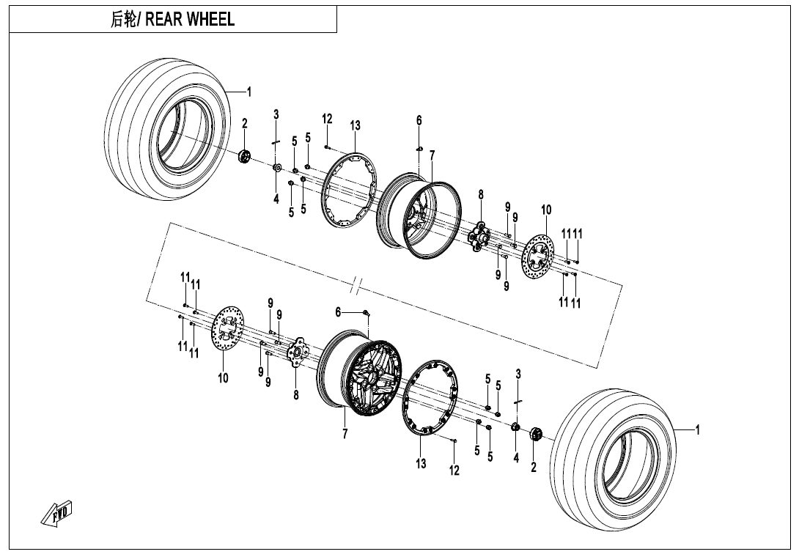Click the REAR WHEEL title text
coord(173,20)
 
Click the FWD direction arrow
coord(58,514)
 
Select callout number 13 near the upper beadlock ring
coord(355,127)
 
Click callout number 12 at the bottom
coord(454,471)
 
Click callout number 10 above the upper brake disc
coord(546,210)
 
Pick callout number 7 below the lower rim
coord(345,435)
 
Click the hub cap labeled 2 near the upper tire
coord(246,155)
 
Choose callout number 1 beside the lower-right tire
coord(697,430)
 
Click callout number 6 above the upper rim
coord(419,121)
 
